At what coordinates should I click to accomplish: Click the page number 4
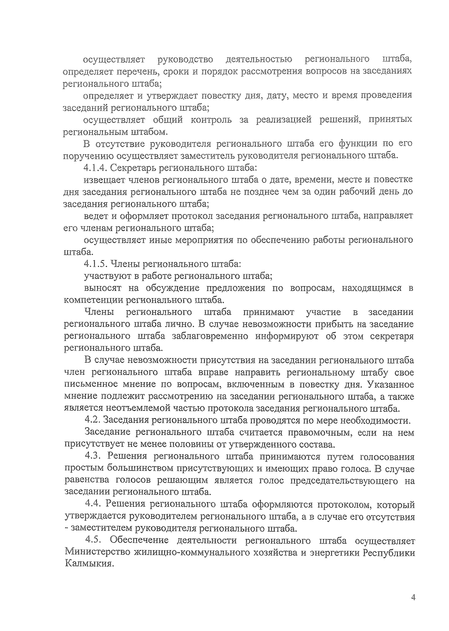pos(413,597)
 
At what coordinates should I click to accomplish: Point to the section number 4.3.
pos(93,457)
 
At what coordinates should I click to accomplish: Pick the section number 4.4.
pos(94,504)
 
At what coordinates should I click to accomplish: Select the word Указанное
pos(391,384)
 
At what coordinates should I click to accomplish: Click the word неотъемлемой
pos(135,408)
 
